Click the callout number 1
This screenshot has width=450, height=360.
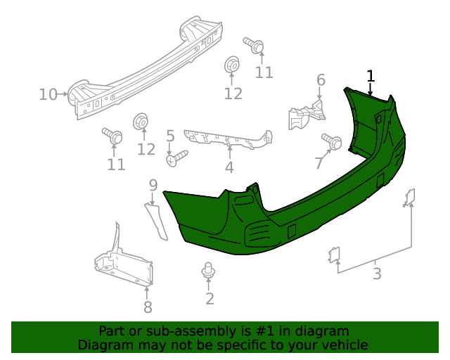371,76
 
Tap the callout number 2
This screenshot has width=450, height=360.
210,299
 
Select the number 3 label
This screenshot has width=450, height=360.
377,274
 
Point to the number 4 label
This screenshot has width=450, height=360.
229,167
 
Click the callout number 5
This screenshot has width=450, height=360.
170,135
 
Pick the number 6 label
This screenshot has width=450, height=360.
321,80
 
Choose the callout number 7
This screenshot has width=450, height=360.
319,163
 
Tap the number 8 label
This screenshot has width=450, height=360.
148,307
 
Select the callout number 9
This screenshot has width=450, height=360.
153,186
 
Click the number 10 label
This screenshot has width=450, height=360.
48,94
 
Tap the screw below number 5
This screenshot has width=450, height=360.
176,157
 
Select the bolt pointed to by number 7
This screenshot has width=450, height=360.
332,140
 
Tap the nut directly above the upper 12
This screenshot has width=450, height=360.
232,65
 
